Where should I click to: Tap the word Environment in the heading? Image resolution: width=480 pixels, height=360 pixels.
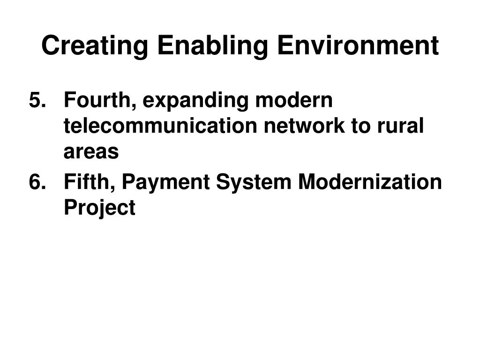357,46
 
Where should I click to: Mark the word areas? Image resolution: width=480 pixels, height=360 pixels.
91,152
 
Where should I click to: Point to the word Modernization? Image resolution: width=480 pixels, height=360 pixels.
370,182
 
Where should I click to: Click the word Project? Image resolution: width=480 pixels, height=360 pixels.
99,208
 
